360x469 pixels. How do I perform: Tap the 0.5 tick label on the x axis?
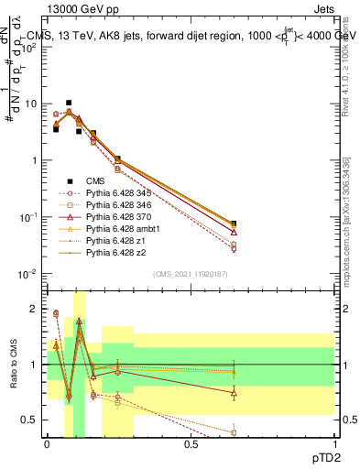coord(191,443)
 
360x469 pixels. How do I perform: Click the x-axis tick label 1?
coord(334,443)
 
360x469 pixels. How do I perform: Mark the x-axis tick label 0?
coord(47,443)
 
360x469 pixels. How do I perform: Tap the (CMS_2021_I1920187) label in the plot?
coord(190,273)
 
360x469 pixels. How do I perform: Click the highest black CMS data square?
coord(69,104)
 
